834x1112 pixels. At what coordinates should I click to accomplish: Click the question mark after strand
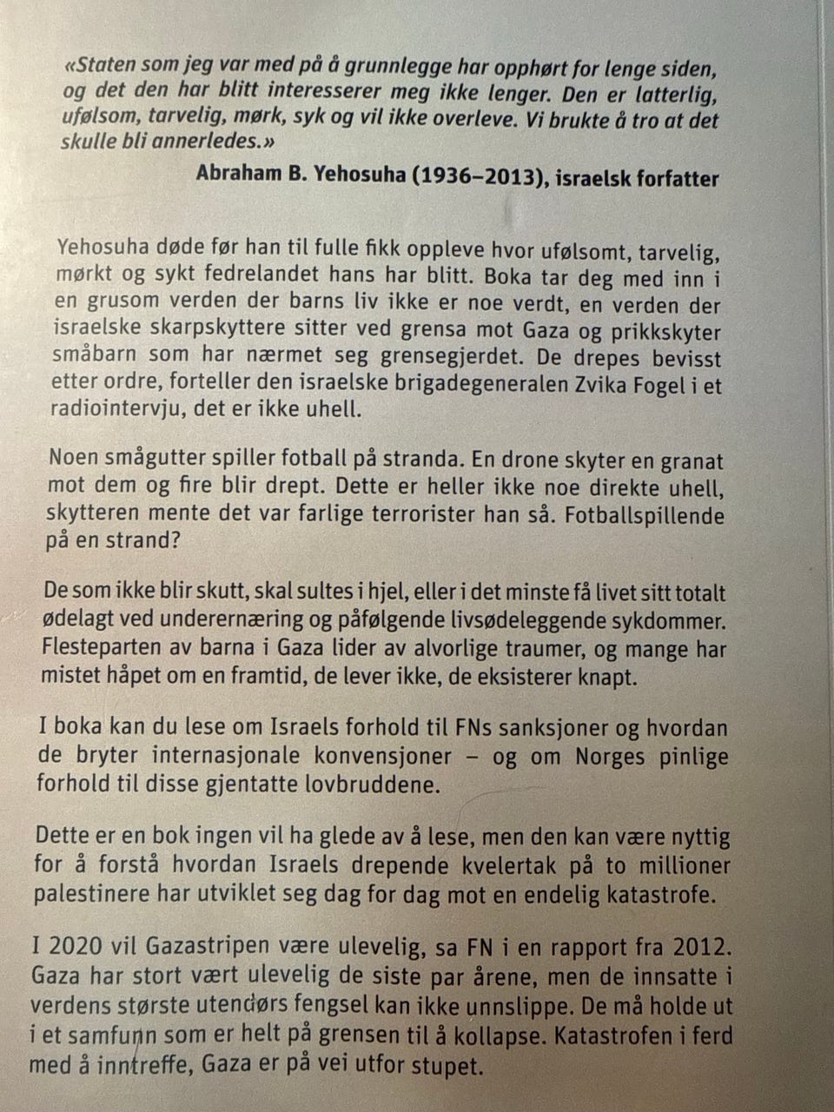[175, 540]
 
